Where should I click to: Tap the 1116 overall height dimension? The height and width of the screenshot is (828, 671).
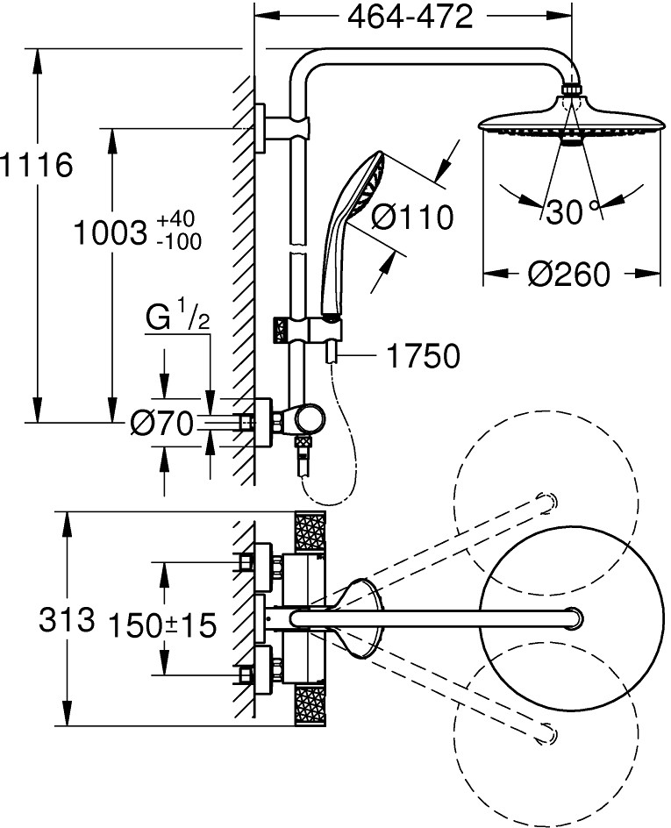[x=36, y=165]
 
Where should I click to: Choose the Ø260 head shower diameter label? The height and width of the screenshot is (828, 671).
[x=568, y=274]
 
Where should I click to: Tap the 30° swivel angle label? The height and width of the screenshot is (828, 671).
[x=567, y=211]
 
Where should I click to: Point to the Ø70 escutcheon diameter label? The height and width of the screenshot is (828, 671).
[x=161, y=425]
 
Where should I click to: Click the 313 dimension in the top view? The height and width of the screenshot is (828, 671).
[x=67, y=620]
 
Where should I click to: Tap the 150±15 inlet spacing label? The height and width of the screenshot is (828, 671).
[x=161, y=625]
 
